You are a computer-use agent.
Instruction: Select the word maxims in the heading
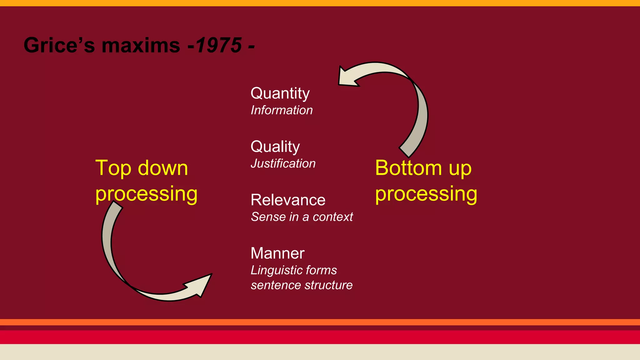(141, 45)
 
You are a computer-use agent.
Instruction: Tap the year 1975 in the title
(219, 45)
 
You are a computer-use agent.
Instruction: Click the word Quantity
(280, 94)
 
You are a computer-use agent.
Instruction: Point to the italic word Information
(282, 110)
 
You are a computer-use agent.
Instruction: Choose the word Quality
(275, 147)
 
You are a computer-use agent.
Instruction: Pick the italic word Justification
(283, 164)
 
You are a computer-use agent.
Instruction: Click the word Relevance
(288, 200)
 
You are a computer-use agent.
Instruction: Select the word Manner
(277, 253)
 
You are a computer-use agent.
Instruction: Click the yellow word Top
(113, 169)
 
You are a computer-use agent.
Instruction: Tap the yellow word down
(163, 168)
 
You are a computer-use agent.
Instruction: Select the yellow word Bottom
(408, 168)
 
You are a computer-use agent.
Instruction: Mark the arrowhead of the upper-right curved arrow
(347, 77)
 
